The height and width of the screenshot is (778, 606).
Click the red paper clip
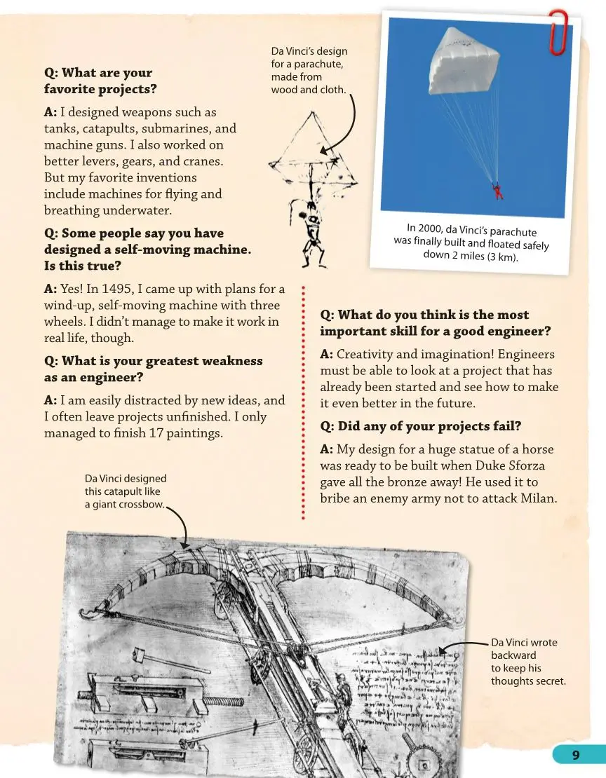(558, 32)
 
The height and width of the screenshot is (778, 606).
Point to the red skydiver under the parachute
(498, 191)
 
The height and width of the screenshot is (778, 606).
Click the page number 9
(575, 755)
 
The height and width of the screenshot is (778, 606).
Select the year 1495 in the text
(117, 289)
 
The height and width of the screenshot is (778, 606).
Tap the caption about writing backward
(527, 662)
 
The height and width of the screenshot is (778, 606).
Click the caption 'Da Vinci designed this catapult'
(126, 491)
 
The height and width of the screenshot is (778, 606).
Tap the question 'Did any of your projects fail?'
(421, 426)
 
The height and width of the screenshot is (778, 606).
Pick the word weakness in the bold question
(229, 361)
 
